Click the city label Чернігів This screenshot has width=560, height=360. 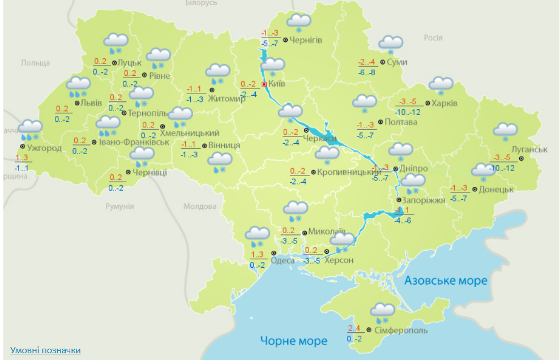pos(306,40)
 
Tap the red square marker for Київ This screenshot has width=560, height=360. pos(264,84)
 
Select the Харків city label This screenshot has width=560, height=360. pos(444,104)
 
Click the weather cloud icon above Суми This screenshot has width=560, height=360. pos(391,44)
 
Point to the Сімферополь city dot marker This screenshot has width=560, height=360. pos(369,330)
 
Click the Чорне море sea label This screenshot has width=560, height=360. pos(294,341)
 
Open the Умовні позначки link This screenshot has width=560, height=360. pos(45,350)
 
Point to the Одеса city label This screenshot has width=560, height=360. pos(283,260)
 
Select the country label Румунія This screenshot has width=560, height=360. pos(119,206)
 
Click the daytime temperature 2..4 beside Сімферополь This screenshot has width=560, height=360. pos(354,329)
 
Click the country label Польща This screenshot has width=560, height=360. pos(36,63)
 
